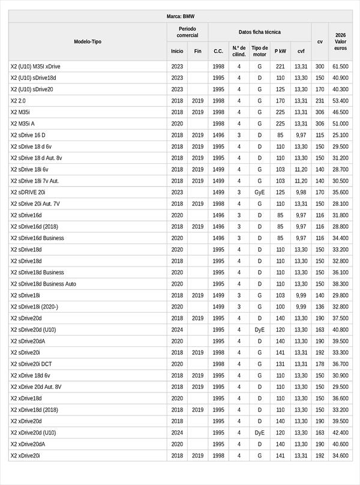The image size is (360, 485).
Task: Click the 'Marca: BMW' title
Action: pos(180,17)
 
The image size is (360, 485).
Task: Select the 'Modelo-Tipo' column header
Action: pos(88,41)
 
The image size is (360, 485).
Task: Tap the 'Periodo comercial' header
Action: pos(187,32)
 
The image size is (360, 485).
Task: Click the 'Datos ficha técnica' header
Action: pos(259,32)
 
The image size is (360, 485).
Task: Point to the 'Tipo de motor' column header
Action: pos(260,51)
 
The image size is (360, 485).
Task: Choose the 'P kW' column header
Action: pos(280,51)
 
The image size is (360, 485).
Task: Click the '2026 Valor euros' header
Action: pos(340,41)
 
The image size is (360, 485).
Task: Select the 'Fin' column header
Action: pos(198,51)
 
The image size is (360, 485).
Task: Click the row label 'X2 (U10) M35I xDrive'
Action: pos(35,67)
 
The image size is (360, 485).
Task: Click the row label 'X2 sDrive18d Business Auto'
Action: pos(43,284)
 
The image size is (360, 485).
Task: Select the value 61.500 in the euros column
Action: pos(340,67)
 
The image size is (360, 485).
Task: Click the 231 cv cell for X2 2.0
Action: pos(320,101)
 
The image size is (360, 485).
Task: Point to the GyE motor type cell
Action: pos(260,193)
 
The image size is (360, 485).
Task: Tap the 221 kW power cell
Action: pos(280,67)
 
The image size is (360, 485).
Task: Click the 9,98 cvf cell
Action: pos(301,193)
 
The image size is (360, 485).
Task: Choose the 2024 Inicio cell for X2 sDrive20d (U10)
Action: pos(177,330)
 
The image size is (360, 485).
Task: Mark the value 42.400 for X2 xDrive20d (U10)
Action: pos(340,433)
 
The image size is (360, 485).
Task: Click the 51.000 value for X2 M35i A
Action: pos(340,124)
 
